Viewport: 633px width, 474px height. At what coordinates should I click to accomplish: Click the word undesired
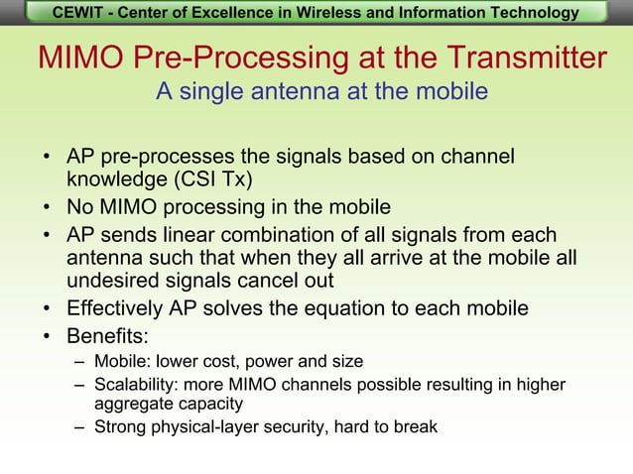[x=112, y=281]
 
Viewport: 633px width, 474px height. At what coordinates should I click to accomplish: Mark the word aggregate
[x=134, y=405]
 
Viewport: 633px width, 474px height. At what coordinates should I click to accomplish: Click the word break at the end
[x=414, y=427]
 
